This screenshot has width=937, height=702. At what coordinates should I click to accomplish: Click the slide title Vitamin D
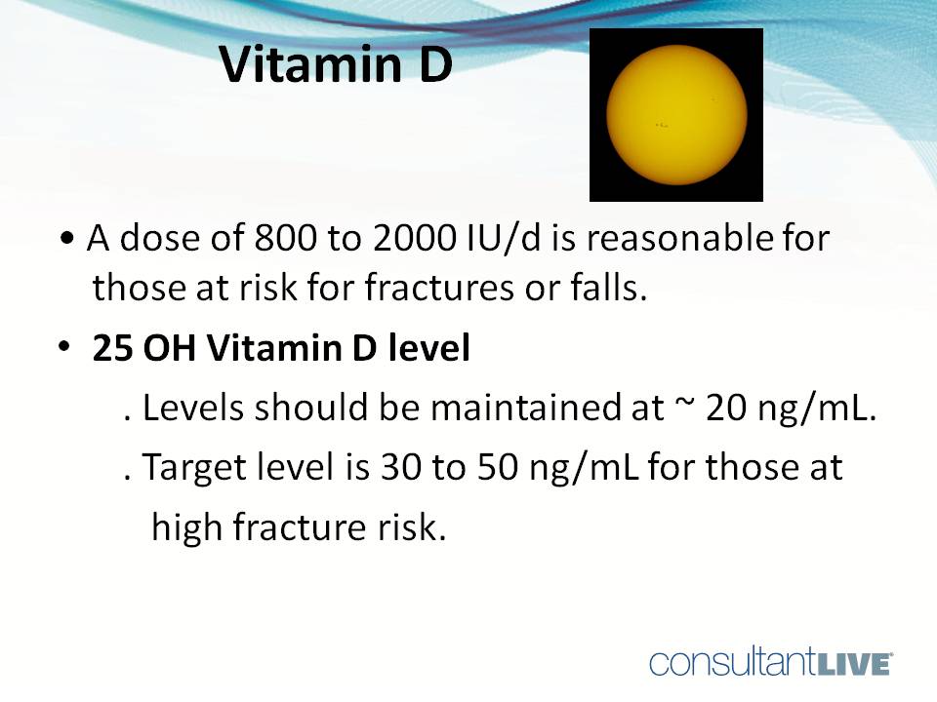(x=335, y=64)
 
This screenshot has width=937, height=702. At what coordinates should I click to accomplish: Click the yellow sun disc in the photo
(x=675, y=114)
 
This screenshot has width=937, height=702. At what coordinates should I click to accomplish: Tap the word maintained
(x=532, y=409)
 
